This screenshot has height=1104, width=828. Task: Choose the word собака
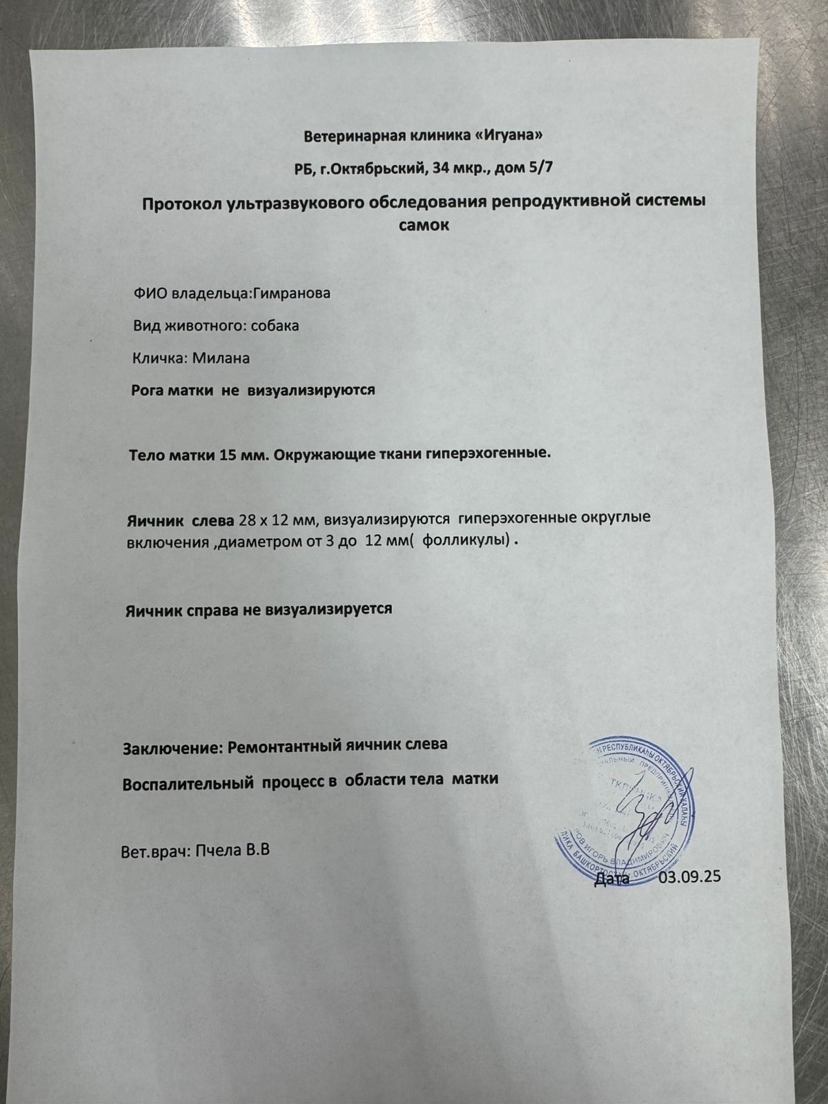[x=274, y=326]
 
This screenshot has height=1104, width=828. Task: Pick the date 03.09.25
[x=689, y=878]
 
